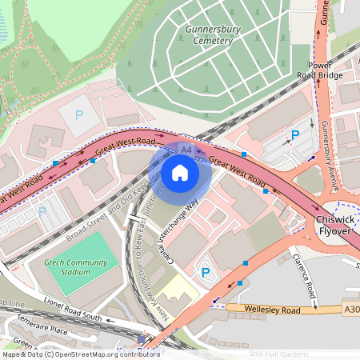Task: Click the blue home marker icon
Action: coord(180,172)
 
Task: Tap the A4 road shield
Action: coord(186,150)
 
